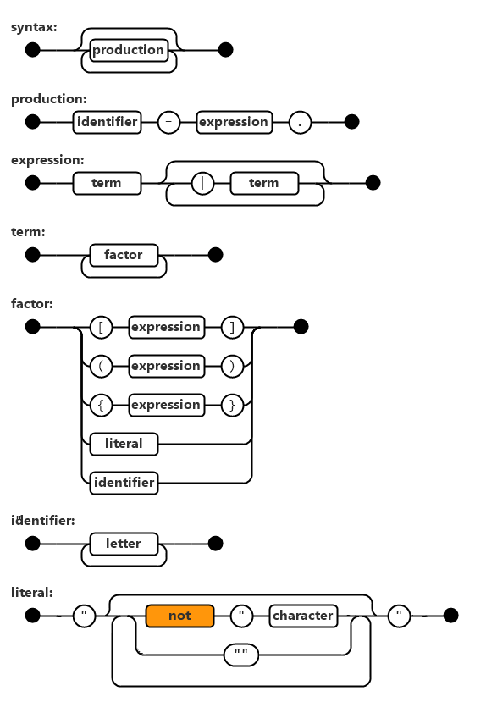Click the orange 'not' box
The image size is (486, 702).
point(179,616)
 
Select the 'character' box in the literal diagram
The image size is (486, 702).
point(303,616)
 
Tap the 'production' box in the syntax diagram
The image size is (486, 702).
point(129,50)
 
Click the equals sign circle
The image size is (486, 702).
point(168,122)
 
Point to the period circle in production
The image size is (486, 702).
point(300,122)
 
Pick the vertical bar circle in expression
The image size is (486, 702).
point(202,183)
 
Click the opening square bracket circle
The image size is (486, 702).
point(101,327)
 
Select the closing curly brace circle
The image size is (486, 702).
point(232,405)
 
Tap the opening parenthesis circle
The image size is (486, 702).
point(101,366)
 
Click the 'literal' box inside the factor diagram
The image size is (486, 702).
point(124,444)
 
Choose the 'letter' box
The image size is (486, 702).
point(124,544)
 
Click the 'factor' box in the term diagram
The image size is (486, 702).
point(124,255)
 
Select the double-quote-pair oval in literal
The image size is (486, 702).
point(241,655)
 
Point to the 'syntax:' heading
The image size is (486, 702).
point(34,27)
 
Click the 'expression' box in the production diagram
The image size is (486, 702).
point(234,122)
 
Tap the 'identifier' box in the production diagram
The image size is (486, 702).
point(107,122)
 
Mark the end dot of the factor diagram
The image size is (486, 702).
point(301,327)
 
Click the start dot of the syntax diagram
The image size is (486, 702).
point(33,50)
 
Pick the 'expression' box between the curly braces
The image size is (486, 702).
point(167,405)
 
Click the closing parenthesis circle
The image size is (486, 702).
point(232,366)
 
